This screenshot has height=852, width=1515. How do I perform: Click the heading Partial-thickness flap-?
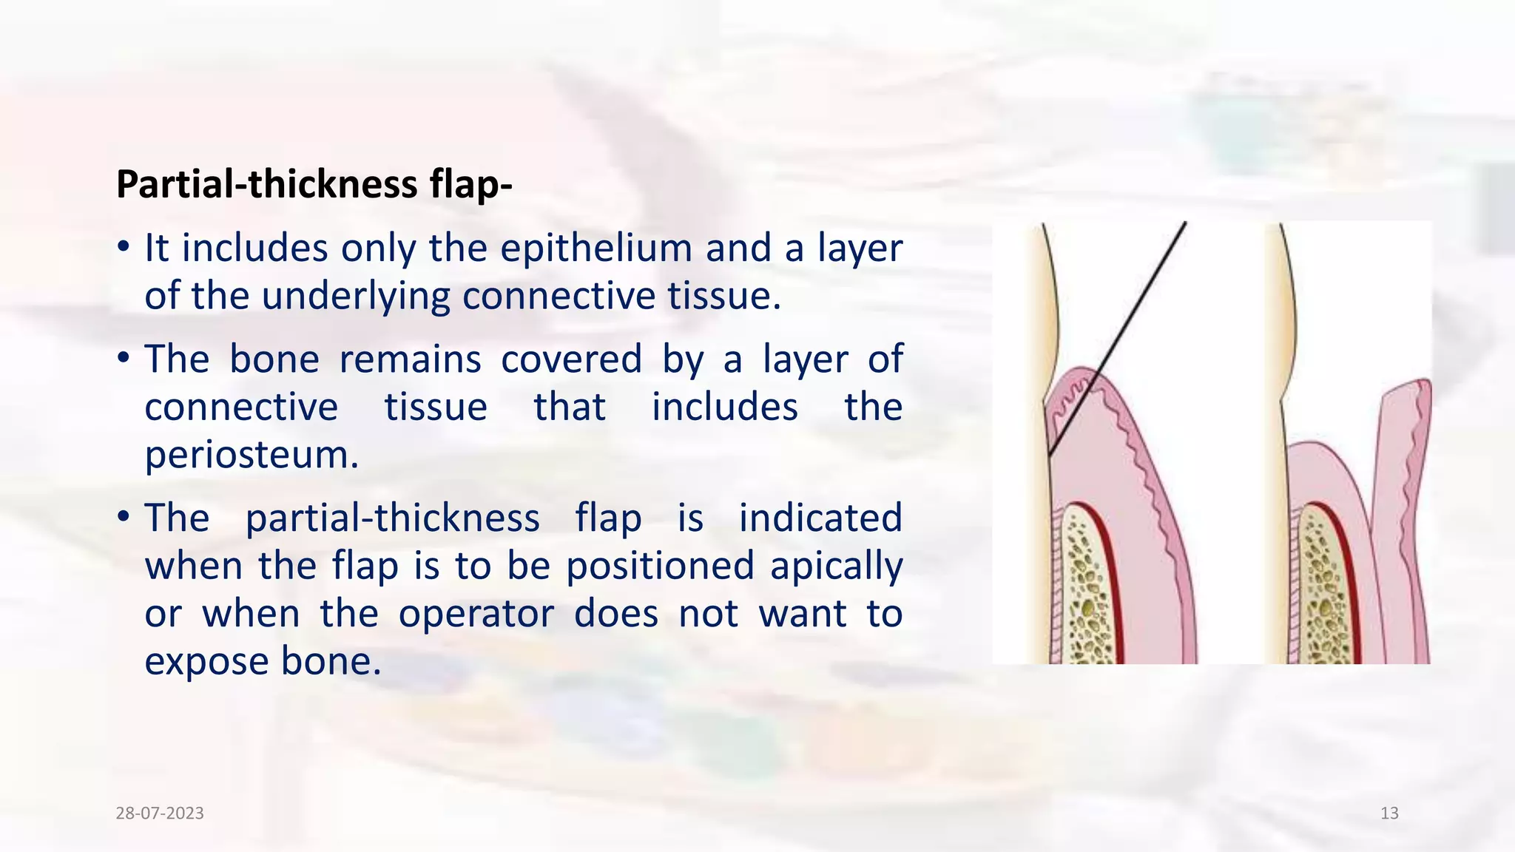point(314,184)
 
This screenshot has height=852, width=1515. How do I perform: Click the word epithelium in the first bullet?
point(595,248)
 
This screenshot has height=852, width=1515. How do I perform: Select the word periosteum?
point(252,455)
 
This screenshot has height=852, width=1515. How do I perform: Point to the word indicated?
point(820,518)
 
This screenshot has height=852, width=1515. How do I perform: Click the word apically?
point(836,567)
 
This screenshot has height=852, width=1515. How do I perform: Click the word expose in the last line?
point(206,662)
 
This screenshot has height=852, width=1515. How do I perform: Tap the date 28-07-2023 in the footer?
point(160,814)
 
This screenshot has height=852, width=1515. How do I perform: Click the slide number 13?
point(1389,814)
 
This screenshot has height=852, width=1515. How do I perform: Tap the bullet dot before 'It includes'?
point(124,246)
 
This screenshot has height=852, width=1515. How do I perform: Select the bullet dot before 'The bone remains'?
point(124,359)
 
